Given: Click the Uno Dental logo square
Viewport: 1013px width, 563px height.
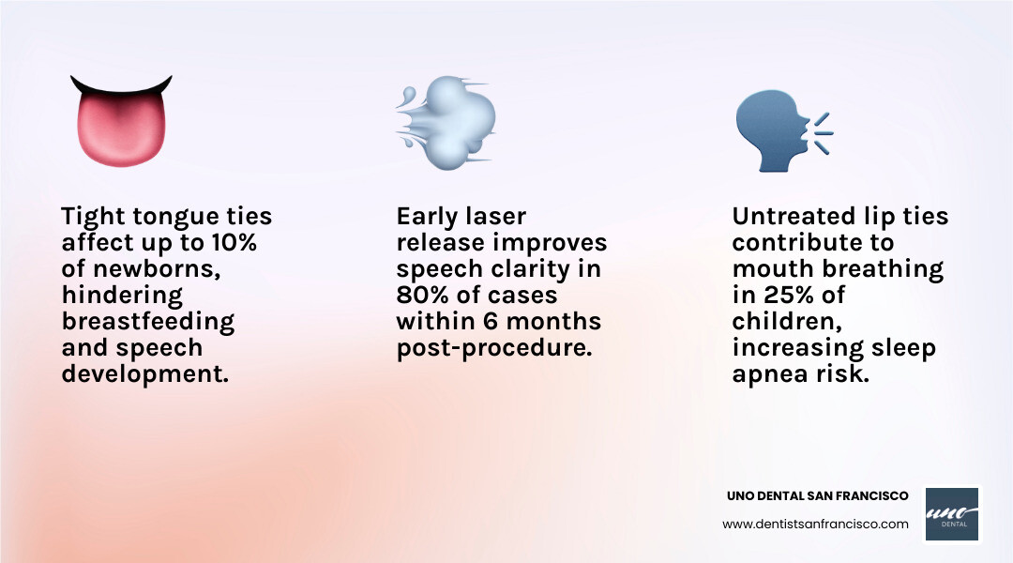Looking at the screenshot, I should click(952, 513).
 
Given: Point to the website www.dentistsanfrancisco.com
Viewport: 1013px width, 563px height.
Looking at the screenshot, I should click(815, 524).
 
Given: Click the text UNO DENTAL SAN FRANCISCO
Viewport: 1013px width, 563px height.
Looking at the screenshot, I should click(818, 495).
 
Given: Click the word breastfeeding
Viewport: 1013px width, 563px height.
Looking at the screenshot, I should click(147, 321).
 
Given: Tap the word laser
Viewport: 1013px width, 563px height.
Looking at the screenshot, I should click(492, 216).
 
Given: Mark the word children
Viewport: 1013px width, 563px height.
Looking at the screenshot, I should click(775, 321).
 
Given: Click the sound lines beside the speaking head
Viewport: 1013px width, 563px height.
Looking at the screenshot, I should click(823, 132).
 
